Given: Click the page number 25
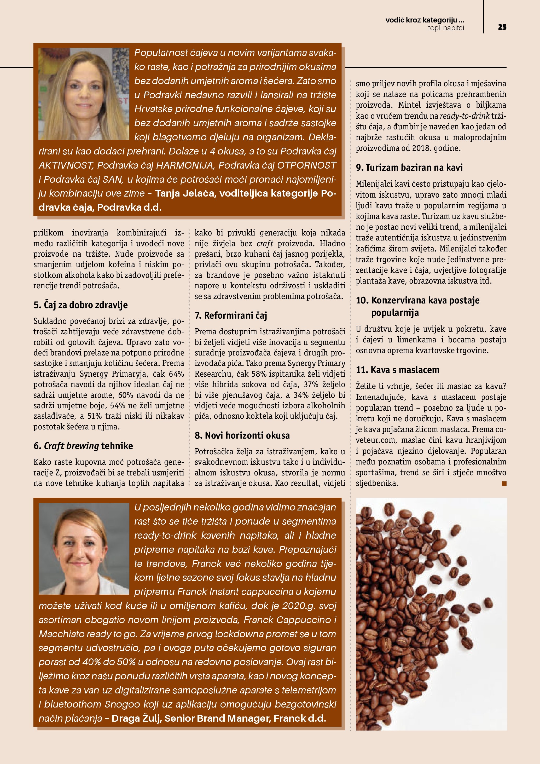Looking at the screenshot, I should [x=502, y=27].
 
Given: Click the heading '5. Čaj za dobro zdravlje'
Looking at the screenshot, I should [x=80, y=305].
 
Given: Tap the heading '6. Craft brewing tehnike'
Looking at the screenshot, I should [x=83, y=446].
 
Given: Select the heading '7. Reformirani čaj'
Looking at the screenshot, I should [x=231, y=315].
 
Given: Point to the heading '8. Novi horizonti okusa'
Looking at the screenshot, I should [x=242, y=435].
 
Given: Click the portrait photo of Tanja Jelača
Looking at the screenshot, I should [x=84, y=94].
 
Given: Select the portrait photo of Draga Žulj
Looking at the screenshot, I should [x=84, y=548].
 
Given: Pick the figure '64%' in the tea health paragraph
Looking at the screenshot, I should [x=176, y=374].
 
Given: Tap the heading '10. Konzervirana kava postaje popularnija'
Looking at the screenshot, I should [x=418, y=306].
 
